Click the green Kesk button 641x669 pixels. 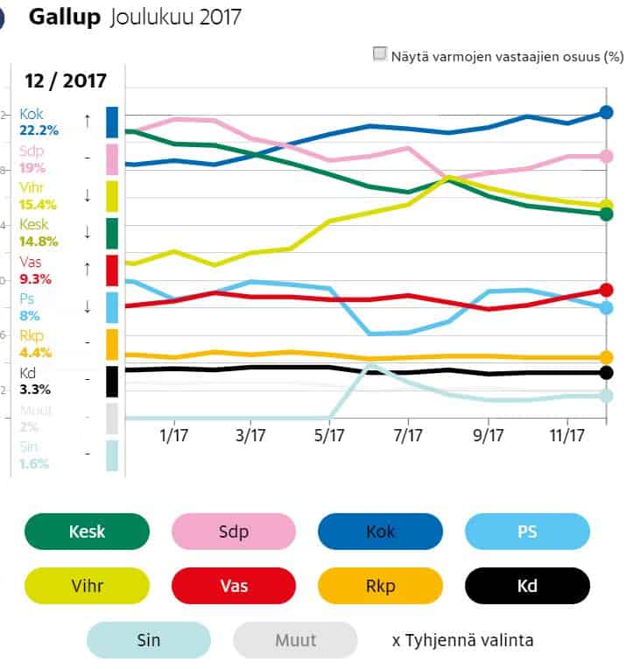point(87,532)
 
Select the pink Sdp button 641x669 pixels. point(234,532)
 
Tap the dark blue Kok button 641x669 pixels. point(381,532)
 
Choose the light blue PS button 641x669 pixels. point(528,532)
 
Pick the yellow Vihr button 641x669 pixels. point(87,585)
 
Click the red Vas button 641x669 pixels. point(234,585)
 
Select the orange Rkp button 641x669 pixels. point(381,585)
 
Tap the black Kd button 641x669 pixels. point(528,585)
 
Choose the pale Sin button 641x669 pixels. point(148,640)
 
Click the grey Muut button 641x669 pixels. point(295,640)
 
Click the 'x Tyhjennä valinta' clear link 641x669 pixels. point(462,640)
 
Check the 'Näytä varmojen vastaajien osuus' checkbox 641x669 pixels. point(380,54)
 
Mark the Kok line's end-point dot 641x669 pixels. point(606,112)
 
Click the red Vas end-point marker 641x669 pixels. point(606,290)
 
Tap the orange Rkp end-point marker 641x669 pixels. point(606,357)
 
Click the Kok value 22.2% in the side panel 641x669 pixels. point(39,130)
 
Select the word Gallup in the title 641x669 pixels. point(66,17)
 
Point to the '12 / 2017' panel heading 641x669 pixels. point(67,81)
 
